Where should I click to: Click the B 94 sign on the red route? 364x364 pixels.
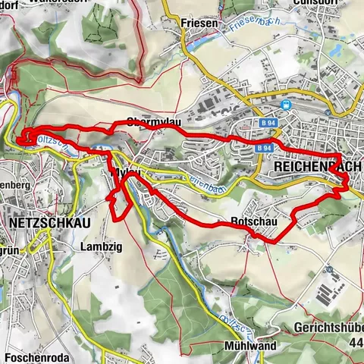[263, 147]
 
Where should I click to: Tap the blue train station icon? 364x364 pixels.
[285, 105]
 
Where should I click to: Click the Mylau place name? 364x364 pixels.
[125, 174]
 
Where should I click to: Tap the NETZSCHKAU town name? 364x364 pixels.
[48, 223]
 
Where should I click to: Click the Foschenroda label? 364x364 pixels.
[38, 356]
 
